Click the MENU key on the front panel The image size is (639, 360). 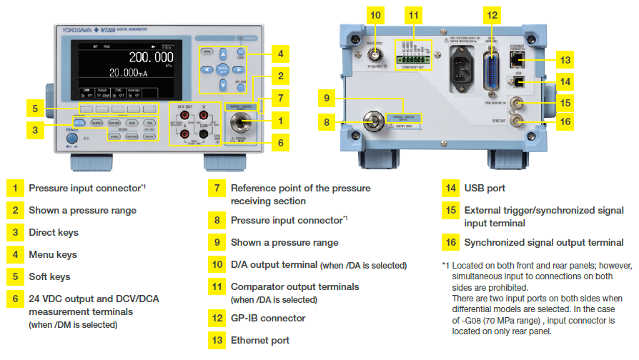point(207,52)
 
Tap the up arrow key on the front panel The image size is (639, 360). point(223,54)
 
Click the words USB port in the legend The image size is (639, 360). point(485,189)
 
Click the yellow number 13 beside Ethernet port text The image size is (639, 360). point(215,341)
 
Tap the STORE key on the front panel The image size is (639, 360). point(115,136)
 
